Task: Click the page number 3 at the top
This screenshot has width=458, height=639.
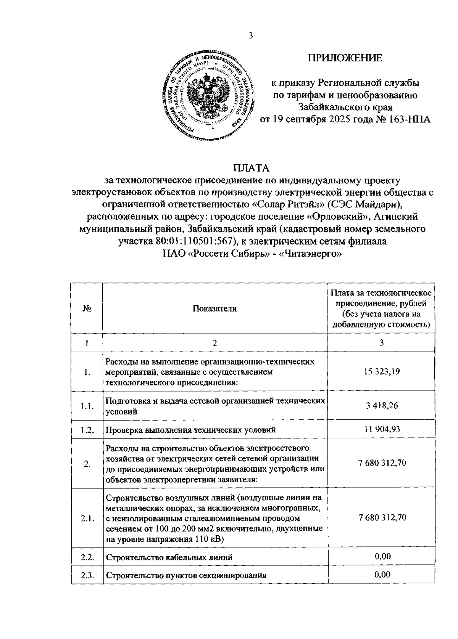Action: [250, 36]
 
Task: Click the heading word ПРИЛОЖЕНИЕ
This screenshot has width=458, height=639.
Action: [345, 58]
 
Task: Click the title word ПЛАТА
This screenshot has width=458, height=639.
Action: [252, 168]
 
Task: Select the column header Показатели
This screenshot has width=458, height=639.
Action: [214, 309]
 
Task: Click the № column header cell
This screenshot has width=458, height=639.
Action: [87, 309]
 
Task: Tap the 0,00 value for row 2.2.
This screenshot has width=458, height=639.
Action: [382, 556]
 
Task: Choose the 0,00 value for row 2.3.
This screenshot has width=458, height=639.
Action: [382, 575]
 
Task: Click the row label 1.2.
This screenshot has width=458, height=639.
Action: [87, 430]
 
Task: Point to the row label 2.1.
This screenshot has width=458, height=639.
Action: [87, 519]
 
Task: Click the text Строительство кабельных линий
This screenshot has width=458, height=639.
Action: [169, 557]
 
